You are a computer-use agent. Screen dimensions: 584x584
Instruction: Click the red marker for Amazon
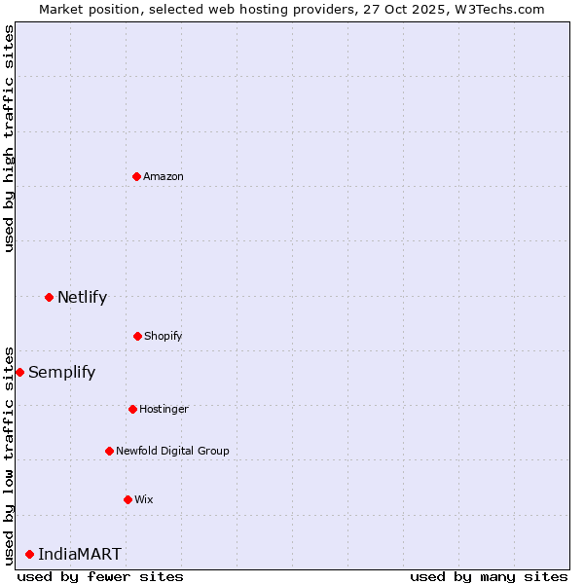click(136, 176)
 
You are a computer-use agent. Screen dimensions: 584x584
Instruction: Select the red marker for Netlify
click(49, 297)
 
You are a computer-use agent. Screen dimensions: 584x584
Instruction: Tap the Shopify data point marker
click(137, 336)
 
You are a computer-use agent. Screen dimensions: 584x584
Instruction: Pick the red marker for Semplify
click(19, 372)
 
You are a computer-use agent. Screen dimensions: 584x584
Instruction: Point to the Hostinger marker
click(132, 409)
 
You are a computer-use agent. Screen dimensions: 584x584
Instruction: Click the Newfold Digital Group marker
click(109, 451)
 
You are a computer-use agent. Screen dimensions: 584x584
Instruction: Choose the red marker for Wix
click(128, 499)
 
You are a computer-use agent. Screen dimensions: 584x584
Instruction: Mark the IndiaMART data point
click(29, 554)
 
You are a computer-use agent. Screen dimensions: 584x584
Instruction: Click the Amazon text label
click(164, 176)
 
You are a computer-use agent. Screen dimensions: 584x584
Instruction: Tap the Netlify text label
click(82, 297)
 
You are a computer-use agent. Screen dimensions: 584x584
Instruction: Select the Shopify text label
click(164, 336)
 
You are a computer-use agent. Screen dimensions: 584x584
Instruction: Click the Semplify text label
click(61, 372)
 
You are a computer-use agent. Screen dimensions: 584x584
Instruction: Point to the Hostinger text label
click(164, 409)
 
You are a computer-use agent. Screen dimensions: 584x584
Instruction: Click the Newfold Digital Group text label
click(172, 451)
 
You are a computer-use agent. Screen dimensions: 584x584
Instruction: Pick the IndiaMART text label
click(80, 554)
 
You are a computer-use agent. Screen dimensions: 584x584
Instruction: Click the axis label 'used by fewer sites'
click(100, 576)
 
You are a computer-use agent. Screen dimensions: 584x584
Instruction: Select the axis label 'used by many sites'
click(489, 576)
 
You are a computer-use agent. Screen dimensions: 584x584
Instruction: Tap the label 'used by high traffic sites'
click(9, 138)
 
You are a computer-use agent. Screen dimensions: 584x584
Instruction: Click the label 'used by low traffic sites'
click(9, 455)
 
